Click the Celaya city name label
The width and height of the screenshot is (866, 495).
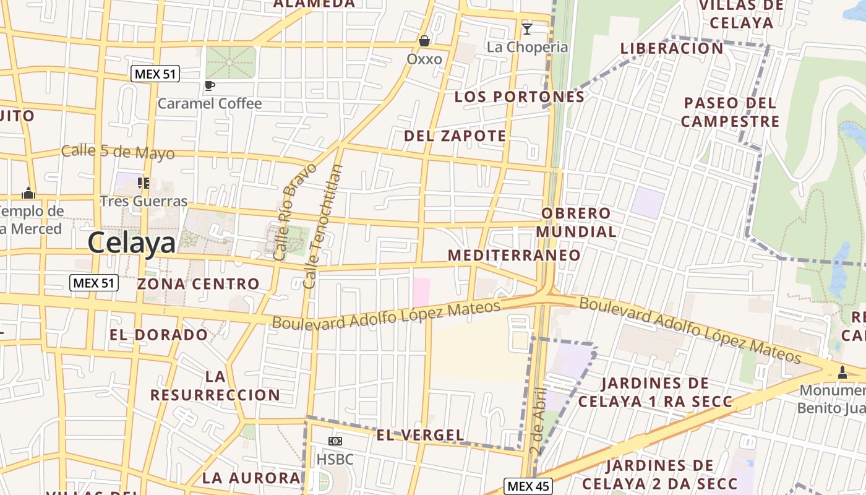pyautogui.click(x=131, y=243)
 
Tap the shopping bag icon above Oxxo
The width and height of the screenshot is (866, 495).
pyautogui.click(x=424, y=41)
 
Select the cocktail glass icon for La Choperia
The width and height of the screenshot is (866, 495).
pyautogui.click(x=527, y=28)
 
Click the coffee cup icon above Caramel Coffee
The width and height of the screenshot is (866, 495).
pyautogui.click(x=210, y=85)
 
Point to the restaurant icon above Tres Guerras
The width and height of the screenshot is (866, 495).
pyautogui.click(x=144, y=183)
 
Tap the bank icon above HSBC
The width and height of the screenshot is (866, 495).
pyautogui.click(x=335, y=441)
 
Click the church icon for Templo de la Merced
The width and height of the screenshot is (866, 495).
pyautogui.click(x=28, y=193)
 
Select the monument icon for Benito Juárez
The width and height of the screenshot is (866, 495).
pyautogui.click(x=842, y=372)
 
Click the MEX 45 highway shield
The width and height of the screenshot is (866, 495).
pyautogui.click(x=528, y=486)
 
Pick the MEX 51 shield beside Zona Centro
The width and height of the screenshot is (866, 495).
pyautogui.click(x=93, y=283)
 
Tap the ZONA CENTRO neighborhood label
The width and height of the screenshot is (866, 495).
pyautogui.click(x=198, y=284)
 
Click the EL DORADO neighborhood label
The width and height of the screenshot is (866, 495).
pyautogui.click(x=159, y=335)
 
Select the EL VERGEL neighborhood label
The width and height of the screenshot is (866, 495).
pyautogui.click(x=420, y=435)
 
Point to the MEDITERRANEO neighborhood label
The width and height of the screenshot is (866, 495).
pyautogui.click(x=514, y=255)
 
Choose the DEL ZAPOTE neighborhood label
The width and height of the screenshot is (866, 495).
pyautogui.click(x=455, y=136)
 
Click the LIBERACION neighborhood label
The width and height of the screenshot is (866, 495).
pyautogui.click(x=672, y=48)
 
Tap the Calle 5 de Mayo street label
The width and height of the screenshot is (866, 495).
pyautogui.click(x=118, y=152)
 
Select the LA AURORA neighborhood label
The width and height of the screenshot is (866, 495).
pyautogui.click(x=251, y=478)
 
